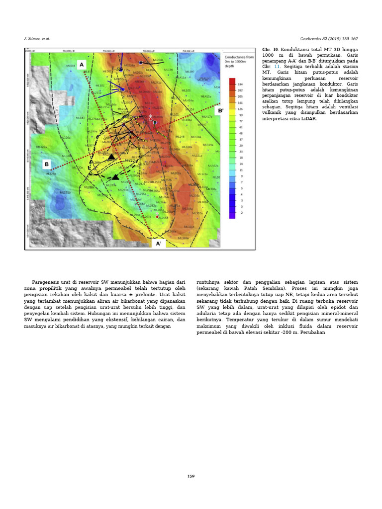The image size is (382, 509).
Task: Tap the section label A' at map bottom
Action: pyautogui.click(x=159, y=244)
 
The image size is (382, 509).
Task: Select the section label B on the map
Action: pyautogui.click(x=46, y=164)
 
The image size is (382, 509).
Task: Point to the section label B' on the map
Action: pyautogui.click(x=220, y=110)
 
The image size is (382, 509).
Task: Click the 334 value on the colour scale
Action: pyautogui.click(x=241, y=85)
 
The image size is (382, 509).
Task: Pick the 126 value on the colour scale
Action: pyautogui.click(x=241, y=109)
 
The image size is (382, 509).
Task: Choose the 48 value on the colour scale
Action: pyautogui.click(x=241, y=133)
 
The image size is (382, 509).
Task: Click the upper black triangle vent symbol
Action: pyautogui.click(x=112, y=157)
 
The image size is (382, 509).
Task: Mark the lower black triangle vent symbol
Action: pyautogui.click(x=115, y=177)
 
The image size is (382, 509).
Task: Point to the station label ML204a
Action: pyautogui.click(x=158, y=60)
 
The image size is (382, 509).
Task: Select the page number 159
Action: pyautogui.click(x=191, y=476)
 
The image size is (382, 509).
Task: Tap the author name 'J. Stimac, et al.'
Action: pyautogui.click(x=37, y=38)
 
